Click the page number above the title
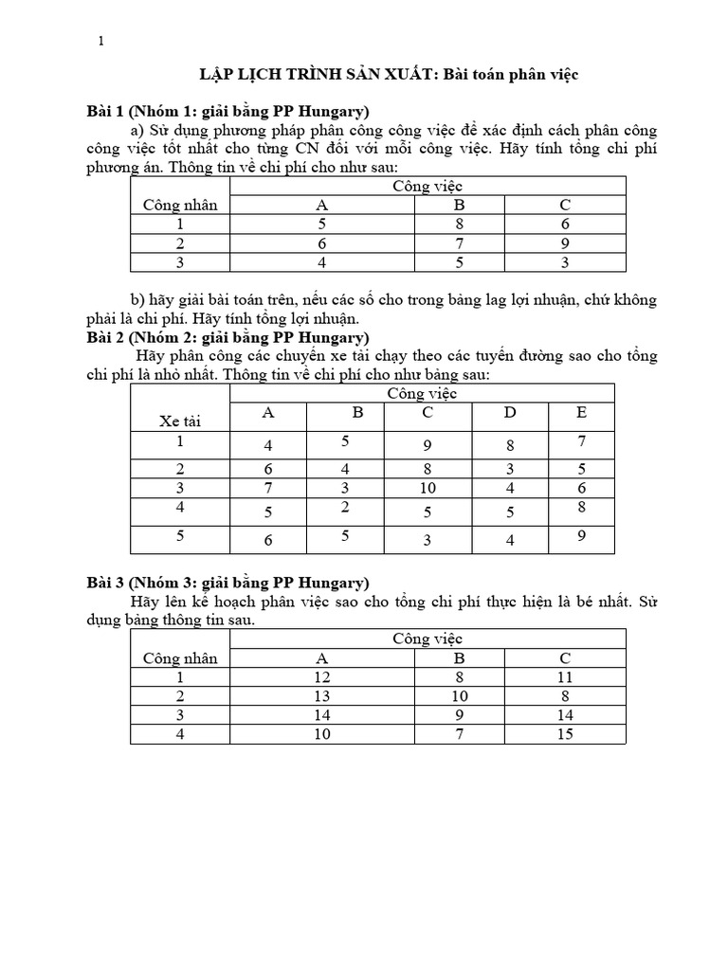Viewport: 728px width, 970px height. click(102, 40)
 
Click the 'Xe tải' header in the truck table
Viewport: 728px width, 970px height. click(179, 420)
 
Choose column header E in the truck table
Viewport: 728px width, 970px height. click(581, 412)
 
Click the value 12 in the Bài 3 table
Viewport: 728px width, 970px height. click(320, 678)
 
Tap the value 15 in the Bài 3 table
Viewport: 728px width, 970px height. click(565, 734)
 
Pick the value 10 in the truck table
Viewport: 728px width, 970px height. click(428, 488)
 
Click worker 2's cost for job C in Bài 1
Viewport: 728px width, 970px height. click(565, 244)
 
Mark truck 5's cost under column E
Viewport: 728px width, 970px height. click(581, 535)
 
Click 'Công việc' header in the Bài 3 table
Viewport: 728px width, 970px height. click(428, 639)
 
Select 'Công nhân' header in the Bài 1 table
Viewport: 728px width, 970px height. click(180, 205)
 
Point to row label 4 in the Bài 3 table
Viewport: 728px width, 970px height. click(179, 734)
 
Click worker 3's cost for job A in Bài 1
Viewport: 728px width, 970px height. click(320, 262)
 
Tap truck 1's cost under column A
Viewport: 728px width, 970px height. click(268, 446)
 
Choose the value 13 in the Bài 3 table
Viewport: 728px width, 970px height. click(320, 697)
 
